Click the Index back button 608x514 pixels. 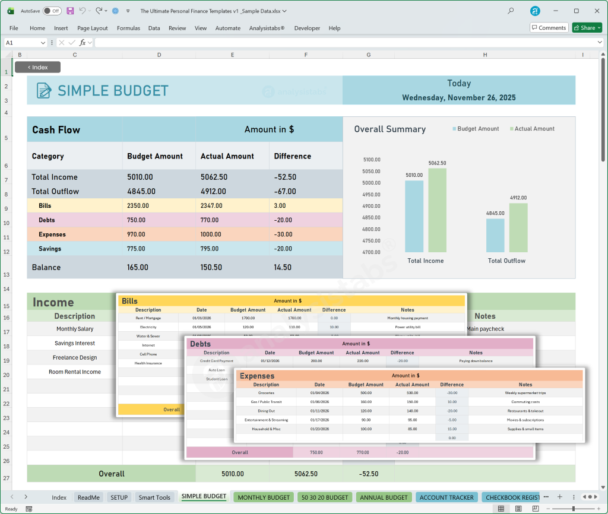(37, 67)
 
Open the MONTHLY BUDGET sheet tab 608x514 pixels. (264, 497)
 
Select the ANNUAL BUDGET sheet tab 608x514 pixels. (384, 497)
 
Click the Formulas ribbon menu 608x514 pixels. (128, 28)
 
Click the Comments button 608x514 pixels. (549, 28)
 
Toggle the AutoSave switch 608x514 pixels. (52, 11)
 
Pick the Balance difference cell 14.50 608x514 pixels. (283, 267)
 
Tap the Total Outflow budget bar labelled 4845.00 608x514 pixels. (495, 236)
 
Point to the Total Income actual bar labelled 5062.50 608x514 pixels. (437, 210)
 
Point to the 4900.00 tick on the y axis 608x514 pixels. (372, 206)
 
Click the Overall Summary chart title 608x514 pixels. (389, 129)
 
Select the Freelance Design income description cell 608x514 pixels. (74, 357)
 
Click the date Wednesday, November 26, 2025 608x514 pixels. (458, 97)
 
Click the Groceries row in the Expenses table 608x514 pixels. (266, 392)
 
